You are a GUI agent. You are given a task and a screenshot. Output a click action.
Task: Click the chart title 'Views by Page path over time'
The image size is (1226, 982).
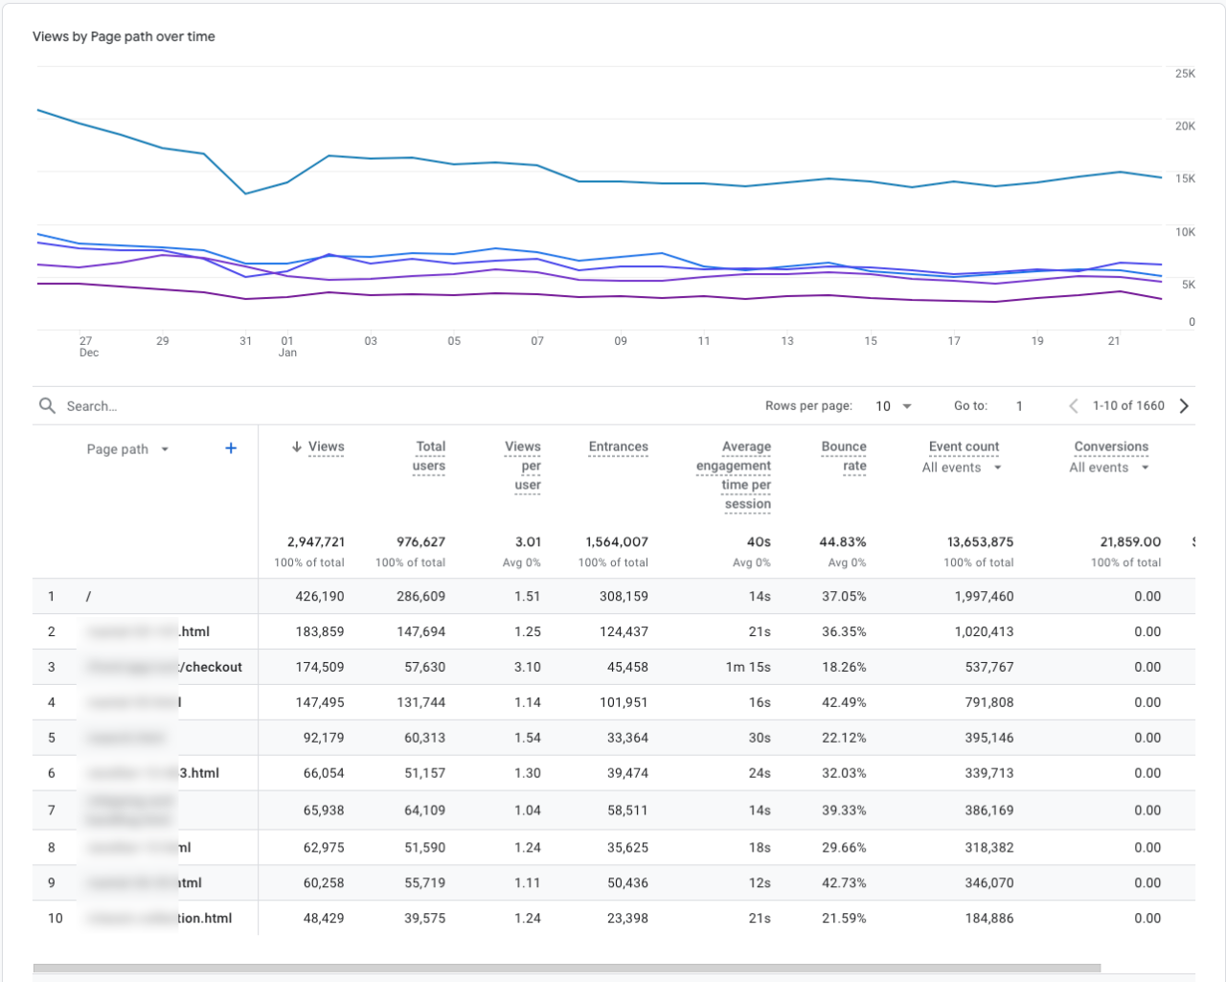(124, 36)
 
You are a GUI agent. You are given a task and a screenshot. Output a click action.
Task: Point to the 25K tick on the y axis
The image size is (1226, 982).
(1185, 74)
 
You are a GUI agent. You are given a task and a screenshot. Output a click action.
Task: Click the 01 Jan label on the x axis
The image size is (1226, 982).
(287, 347)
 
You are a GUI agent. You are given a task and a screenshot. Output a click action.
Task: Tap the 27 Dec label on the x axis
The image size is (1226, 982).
(87, 347)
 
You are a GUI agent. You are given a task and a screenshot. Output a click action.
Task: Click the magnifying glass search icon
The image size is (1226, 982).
(47, 406)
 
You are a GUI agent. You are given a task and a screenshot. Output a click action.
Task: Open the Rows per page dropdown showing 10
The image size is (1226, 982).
(893, 406)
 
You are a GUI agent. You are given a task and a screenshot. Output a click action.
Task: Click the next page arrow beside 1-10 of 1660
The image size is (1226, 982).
(1185, 406)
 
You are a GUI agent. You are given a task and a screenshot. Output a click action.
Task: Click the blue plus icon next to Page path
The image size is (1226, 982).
(231, 448)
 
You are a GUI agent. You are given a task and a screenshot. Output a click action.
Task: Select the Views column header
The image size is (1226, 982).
(326, 447)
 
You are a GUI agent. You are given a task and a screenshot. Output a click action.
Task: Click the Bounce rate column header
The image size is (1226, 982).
(844, 456)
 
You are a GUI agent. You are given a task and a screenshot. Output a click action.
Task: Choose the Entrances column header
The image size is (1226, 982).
(618, 447)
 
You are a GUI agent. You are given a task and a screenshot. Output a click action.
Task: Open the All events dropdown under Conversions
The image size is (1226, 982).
(1108, 468)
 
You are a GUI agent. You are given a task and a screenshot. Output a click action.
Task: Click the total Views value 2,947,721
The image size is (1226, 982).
(316, 542)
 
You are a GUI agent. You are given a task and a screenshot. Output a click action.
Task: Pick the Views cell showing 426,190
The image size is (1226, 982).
(320, 596)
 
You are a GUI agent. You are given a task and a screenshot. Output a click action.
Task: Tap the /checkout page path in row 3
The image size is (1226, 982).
(213, 667)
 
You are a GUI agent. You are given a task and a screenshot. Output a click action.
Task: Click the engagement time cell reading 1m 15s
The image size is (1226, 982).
(748, 667)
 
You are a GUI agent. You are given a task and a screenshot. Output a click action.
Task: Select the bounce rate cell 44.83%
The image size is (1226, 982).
(843, 542)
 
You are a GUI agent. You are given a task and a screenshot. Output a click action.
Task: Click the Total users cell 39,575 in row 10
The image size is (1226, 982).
(421, 918)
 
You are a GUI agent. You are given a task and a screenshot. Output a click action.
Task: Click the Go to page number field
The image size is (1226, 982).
(1019, 406)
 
